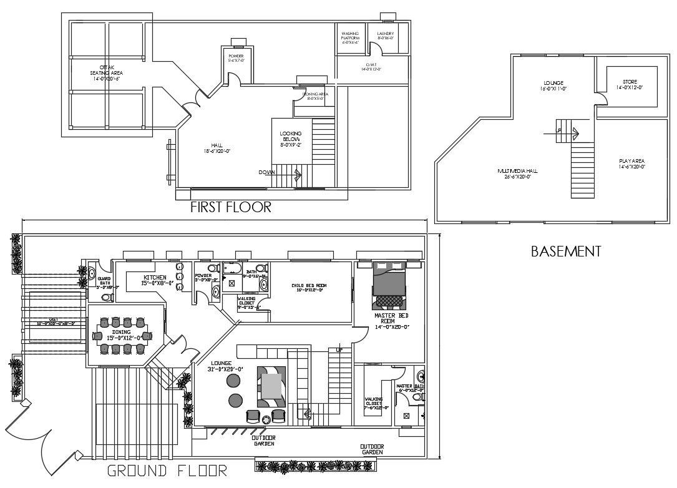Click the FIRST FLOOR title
tap(231, 208)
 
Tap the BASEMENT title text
tap(565, 251)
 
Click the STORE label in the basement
tap(629, 84)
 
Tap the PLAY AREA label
tap(631, 164)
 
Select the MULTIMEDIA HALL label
tap(518, 173)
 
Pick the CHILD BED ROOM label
tap(309, 288)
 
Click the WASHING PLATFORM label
tap(349, 37)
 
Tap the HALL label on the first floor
tap(217, 148)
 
